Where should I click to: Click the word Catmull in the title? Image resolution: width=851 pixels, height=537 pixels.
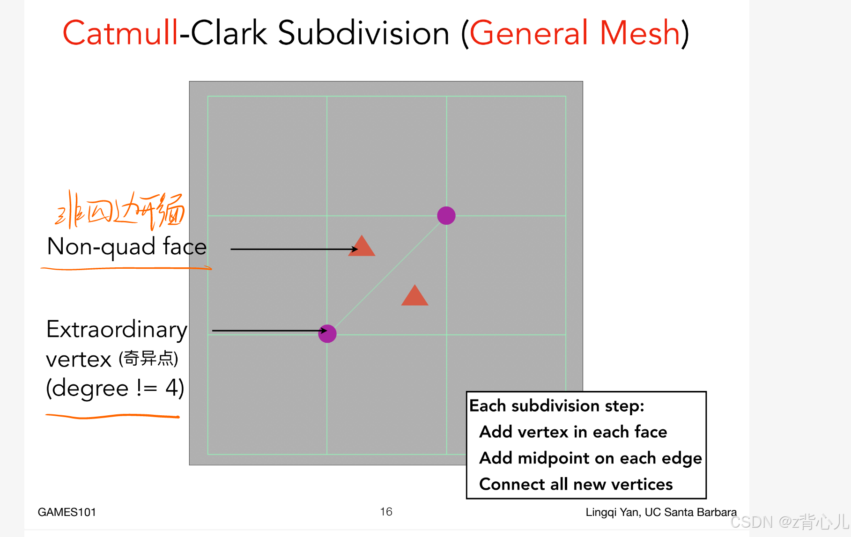[x=120, y=33]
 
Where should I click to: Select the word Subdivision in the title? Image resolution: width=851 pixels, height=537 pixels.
[x=363, y=33]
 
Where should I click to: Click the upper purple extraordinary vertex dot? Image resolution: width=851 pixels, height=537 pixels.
[x=446, y=216]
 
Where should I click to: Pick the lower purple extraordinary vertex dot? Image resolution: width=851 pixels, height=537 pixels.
[x=327, y=334]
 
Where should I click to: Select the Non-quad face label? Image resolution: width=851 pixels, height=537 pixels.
[x=126, y=247]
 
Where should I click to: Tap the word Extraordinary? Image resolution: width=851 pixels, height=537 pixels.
[x=117, y=329]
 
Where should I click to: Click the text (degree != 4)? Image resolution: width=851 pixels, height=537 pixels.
[x=115, y=388]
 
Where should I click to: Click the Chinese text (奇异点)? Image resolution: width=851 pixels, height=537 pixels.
[x=148, y=359]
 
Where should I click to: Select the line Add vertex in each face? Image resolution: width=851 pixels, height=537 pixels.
[x=573, y=432]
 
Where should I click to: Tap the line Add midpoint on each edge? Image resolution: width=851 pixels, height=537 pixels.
[x=590, y=458]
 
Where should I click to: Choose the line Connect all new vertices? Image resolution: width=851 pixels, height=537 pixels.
[x=576, y=484]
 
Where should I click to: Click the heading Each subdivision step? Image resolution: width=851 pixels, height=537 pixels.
[x=556, y=406]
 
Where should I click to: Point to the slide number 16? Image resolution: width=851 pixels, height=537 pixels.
[x=386, y=512]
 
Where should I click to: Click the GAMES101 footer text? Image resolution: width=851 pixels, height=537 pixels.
[x=67, y=512]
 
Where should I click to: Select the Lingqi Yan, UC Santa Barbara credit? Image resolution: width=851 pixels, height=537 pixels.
[x=660, y=512]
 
